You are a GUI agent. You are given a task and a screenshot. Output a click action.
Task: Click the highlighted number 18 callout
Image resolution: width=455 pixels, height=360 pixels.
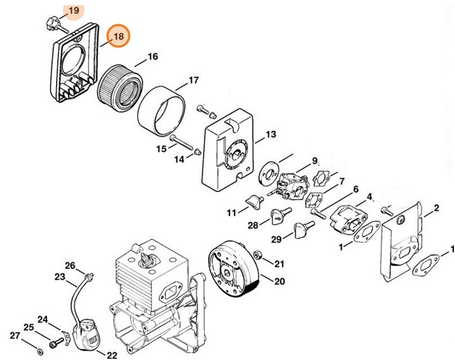point(118,36)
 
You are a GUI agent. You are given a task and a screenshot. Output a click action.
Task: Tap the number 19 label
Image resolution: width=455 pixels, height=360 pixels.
point(73,11)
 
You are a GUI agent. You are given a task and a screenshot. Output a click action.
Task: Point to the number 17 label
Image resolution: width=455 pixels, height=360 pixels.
point(193,80)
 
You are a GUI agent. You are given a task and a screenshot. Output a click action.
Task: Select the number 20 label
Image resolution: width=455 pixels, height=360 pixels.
point(279,282)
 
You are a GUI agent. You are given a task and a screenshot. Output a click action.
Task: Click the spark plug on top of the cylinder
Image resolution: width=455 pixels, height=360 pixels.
point(147,260)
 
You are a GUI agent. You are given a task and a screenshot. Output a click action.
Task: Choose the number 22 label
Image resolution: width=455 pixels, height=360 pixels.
point(112,354)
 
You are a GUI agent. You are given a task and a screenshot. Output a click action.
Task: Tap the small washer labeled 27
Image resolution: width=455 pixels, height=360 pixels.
point(40,351)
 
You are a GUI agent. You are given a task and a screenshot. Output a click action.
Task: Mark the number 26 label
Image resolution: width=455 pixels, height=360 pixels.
point(70,265)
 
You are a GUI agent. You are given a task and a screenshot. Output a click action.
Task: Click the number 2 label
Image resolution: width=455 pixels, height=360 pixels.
point(436,209)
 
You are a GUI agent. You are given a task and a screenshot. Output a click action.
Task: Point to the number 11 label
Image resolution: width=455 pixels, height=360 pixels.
point(231,213)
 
